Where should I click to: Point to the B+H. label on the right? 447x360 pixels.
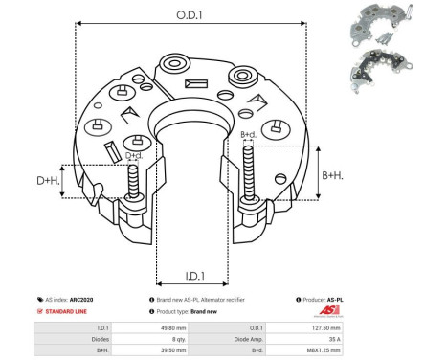pos(333,174)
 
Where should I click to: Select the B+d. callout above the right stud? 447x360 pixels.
pos(248,135)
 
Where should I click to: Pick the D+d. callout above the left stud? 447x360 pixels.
pos(135,154)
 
